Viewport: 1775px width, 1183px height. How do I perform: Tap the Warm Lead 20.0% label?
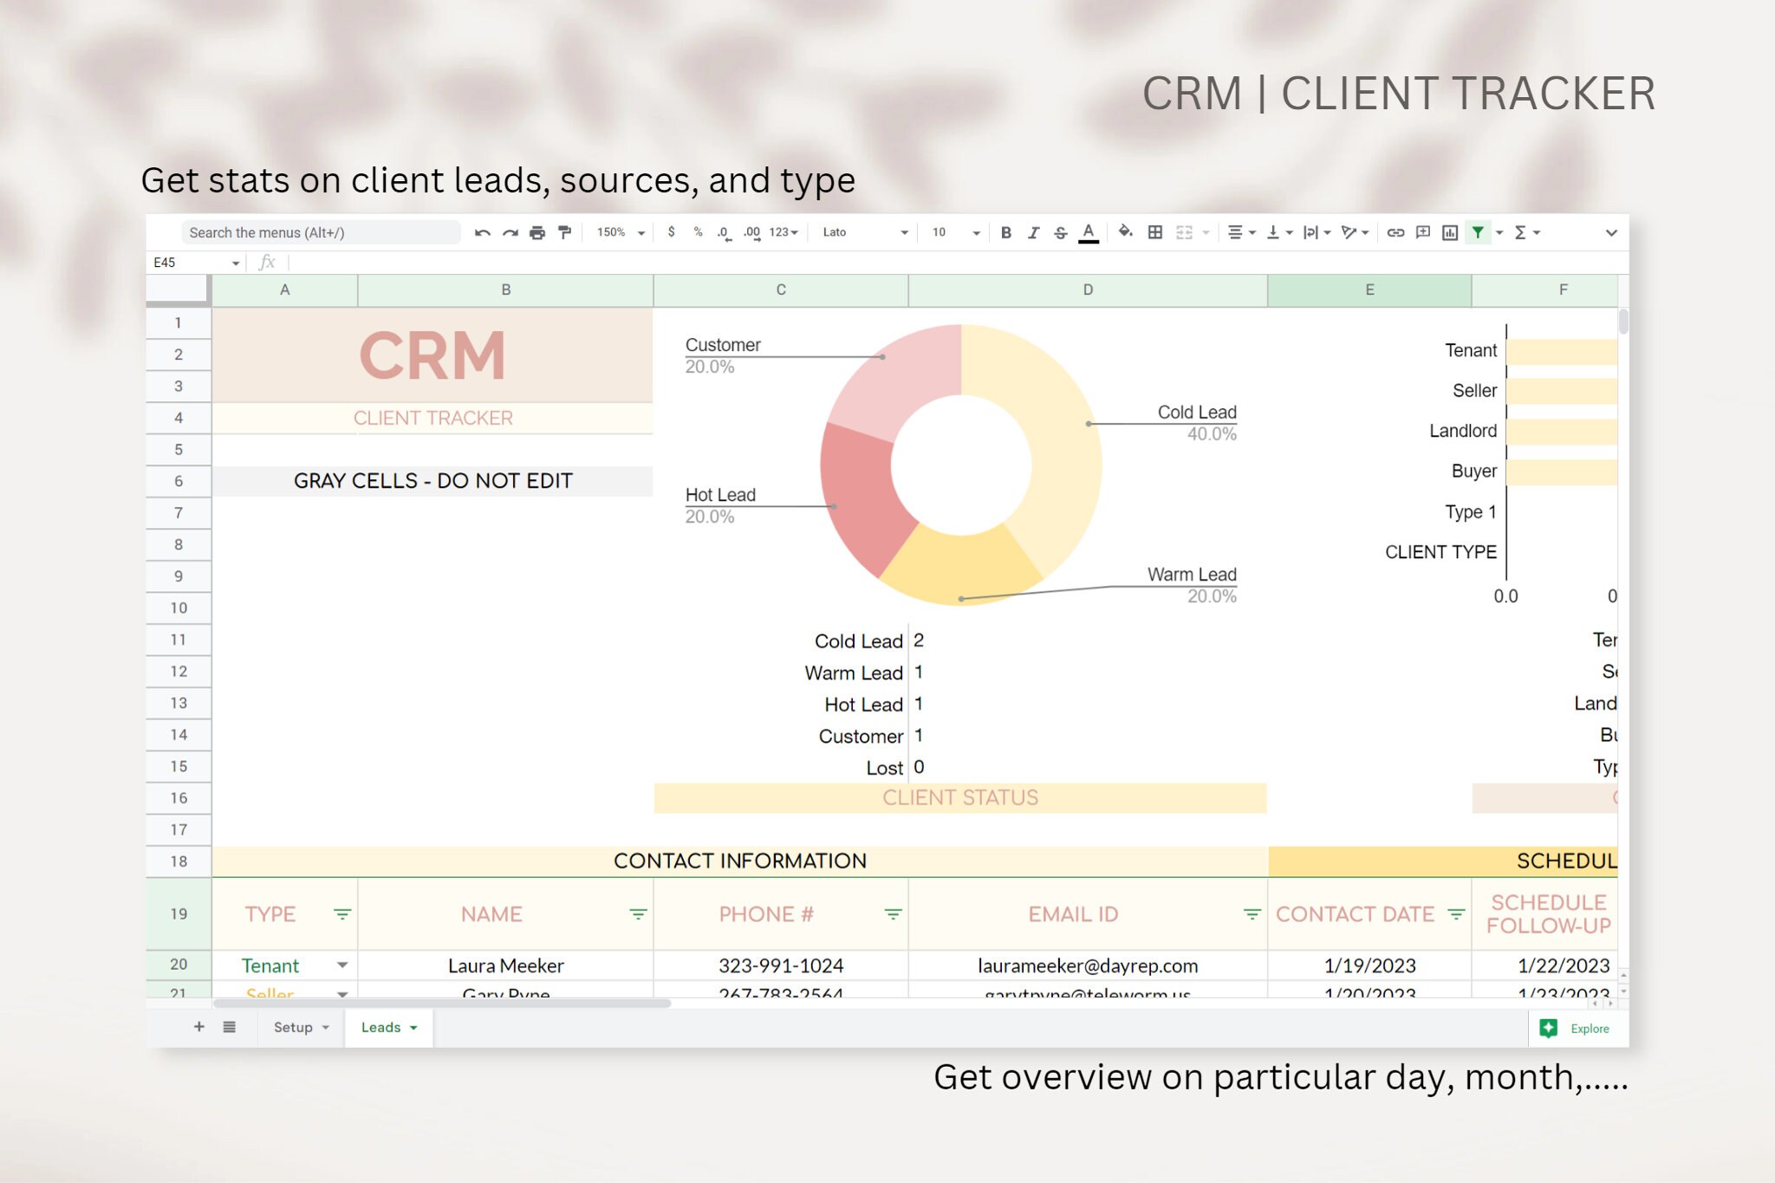1192,585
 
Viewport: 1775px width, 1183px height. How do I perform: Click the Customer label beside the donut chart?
722,345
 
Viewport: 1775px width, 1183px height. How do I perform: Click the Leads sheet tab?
380,1027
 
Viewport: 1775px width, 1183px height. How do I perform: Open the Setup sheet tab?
293,1027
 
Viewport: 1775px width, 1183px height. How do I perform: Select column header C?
780,289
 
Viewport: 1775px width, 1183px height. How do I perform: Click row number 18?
179,861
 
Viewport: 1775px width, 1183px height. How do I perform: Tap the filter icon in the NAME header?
638,914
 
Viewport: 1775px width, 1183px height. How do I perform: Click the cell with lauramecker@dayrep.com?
1087,965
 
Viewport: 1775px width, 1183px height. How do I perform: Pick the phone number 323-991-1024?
780,965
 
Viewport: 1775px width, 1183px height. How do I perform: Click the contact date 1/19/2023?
1369,965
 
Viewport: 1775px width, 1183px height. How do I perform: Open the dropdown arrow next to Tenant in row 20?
342,965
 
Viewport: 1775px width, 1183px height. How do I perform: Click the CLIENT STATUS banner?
959,797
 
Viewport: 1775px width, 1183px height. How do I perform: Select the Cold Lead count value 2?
919,640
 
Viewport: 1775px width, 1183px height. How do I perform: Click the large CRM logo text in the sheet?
432,355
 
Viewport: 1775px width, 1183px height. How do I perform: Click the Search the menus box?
319,232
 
